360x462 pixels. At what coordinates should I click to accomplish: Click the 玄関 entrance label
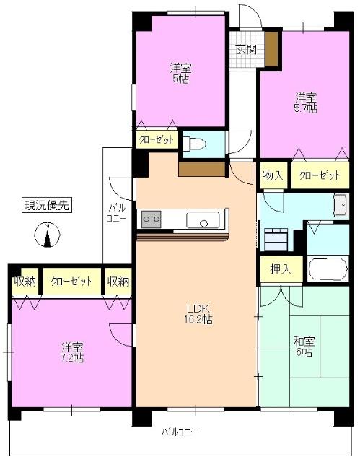[x=245, y=50]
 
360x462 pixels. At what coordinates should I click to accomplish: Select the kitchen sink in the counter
[x=203, y=220]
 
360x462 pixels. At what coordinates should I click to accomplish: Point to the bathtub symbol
[x=328, y=269]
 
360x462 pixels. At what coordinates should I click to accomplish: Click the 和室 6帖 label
[x=304, y=346]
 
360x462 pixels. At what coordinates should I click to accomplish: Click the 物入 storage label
[x=273, y=175]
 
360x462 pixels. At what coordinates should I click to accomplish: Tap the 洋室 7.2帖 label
[x=72, y=352]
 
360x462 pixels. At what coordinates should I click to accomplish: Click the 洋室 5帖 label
[x=180, y=73]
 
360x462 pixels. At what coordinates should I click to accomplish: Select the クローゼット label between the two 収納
[x=71, y=282]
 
